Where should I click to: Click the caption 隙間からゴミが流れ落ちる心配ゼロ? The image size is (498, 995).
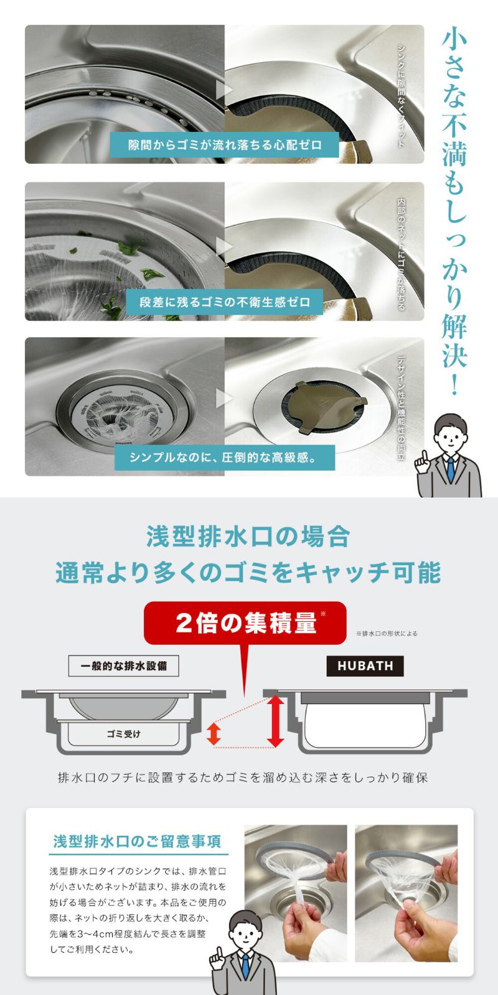tap(225, 145)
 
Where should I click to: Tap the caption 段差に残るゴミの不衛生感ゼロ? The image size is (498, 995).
tap(225, 302)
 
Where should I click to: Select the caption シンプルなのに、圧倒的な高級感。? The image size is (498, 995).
tap(225, 458)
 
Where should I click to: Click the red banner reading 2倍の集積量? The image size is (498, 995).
tap(245, 623)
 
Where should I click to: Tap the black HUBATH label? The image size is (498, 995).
tap(365, 666)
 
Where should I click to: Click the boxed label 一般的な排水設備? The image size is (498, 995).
tap(123, 666)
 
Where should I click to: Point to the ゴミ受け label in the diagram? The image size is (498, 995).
tap(123, 734)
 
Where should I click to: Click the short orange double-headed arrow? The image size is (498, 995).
tap(214, 733)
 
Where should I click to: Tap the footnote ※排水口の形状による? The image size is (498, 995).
tap(387, 634)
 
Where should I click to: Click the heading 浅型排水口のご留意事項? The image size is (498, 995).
tap(137, 841)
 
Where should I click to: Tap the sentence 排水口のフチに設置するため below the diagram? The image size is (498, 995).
tap(243, 777)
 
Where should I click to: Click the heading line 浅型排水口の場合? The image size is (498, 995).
tap(248, 537)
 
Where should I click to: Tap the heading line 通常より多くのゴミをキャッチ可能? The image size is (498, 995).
tap(248, 573)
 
